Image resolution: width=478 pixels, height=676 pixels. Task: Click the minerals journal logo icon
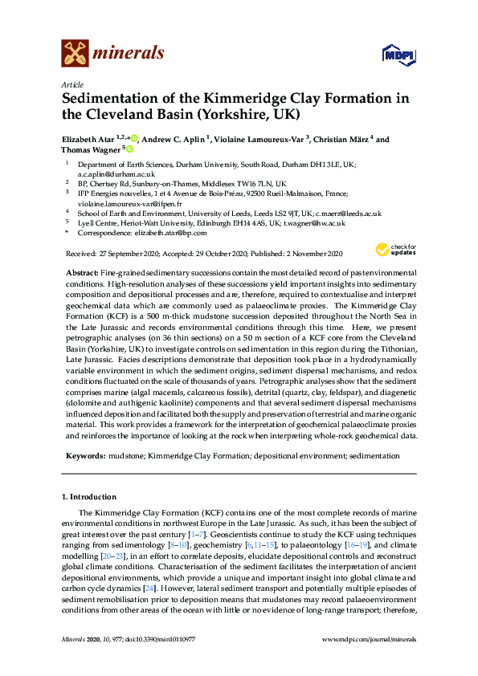coord(75,54)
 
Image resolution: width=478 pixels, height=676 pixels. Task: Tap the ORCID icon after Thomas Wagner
coord(129,149)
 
